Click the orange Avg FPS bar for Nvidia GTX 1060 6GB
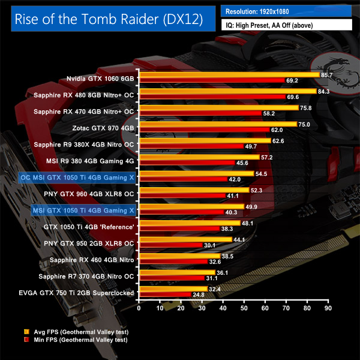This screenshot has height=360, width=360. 229,74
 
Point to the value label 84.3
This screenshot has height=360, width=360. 325,91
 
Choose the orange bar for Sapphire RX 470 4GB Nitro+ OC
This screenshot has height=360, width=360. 218,107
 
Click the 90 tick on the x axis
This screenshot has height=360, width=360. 328,309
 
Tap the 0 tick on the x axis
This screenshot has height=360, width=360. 139,309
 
